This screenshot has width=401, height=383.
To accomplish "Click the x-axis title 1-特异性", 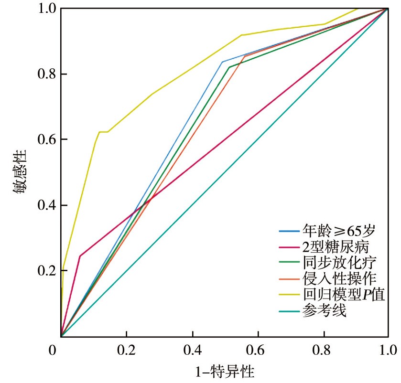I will point(225,371).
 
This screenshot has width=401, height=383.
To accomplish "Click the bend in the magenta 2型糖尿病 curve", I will point(80,256).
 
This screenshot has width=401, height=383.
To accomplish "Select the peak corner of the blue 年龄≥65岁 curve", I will point(222,62).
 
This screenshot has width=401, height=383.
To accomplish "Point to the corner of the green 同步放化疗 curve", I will point(229,67).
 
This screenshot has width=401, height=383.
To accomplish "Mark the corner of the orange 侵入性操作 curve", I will point(245,56).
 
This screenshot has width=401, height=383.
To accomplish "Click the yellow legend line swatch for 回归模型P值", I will point(289,295).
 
